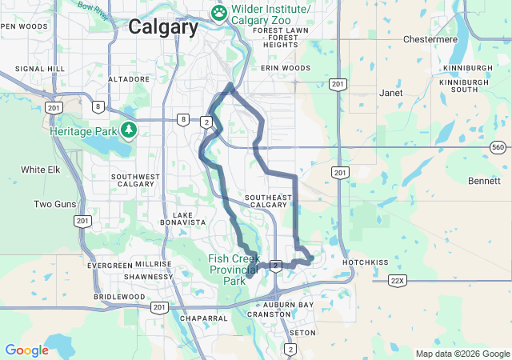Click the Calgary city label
pos(163,26)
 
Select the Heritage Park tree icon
pos(128,130)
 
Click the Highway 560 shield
pos(498,147)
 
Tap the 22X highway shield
pos(398,280)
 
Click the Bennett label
pos(484,181)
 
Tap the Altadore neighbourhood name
pos(129,79)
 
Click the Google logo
pos(26,350)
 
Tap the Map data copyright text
pos(462,354)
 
